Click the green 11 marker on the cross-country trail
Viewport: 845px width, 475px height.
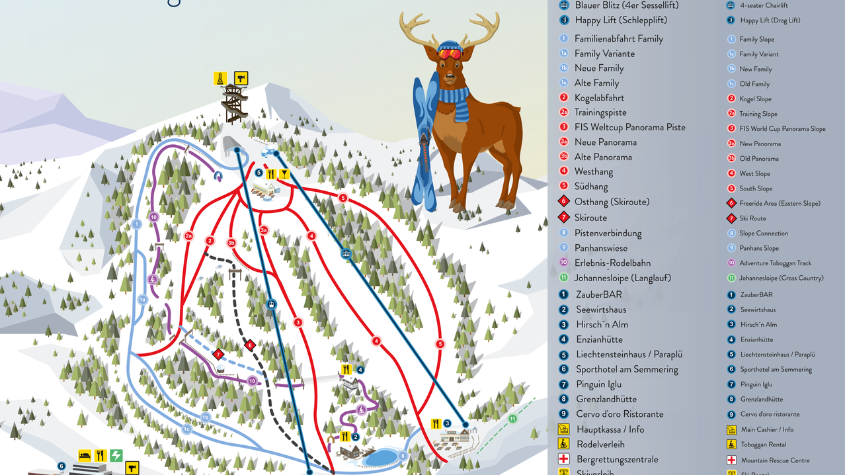click(512, 419)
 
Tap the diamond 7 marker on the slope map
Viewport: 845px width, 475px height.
click(219, 355)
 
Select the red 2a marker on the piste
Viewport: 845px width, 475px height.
click(188, 236)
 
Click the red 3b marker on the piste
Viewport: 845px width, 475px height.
click(231, 243)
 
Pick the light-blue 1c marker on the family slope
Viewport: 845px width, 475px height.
click(186, 429)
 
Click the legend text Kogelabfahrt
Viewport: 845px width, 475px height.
click(599, 98)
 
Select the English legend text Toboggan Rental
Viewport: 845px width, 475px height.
click(763, 445)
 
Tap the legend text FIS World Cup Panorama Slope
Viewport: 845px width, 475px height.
click(782, 128)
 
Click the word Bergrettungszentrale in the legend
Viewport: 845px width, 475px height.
click(617, 459)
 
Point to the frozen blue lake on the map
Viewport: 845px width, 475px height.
click(378, 456)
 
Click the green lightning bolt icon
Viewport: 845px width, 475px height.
click(116, 455)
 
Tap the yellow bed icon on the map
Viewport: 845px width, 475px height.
click(85, 455)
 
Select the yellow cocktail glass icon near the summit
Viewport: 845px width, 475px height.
click(284, 175)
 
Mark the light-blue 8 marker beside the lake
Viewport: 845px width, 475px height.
click(402, 455)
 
